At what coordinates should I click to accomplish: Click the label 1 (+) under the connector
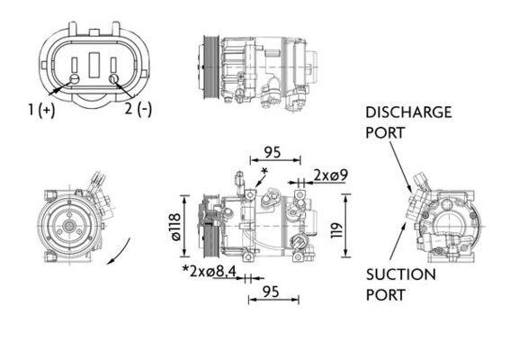(x=41, y=110)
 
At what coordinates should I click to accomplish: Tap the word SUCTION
(x=400, y=274)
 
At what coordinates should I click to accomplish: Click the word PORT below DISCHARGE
(x=385, y=132)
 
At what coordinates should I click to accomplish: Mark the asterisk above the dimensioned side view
(x=264, y=170)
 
